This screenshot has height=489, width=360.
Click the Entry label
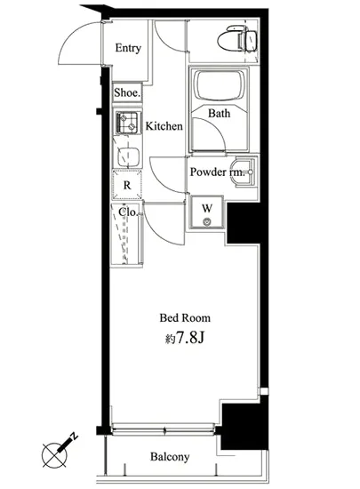tap(128, 48)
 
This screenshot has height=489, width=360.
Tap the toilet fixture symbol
tap(236, 39)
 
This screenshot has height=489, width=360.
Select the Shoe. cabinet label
tap(127, 92)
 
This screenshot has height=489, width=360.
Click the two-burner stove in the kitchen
tap(127, 122)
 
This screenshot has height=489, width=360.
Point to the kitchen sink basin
tap(128, 156)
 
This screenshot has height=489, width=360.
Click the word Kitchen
tap(164, 126)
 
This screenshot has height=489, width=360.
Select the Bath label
tap(220, 113)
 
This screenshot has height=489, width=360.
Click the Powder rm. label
tap(217, 172)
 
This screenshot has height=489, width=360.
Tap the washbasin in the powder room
tap(244, 172)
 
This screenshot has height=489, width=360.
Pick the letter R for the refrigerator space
tap(127, 185)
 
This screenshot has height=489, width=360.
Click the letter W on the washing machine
tap(207, 208)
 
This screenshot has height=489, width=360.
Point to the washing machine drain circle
tap(207, 222)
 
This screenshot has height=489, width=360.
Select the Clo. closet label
tap(128, 212)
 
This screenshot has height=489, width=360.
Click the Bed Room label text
tap(185, 318)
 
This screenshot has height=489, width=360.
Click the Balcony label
tap(170, 457)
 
